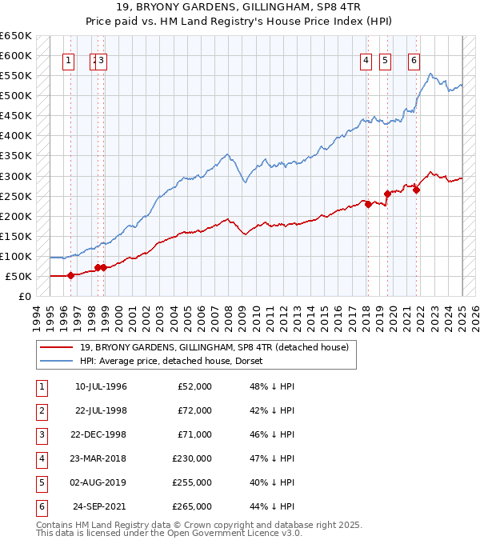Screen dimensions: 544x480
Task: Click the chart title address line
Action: [240, 10]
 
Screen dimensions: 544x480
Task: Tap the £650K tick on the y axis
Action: [16, 36]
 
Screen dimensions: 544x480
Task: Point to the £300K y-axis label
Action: [16, 176]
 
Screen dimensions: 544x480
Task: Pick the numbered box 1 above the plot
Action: [69, 59]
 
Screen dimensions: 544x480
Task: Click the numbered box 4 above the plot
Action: [366, 59]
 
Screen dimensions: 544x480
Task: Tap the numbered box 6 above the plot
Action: [414, 59]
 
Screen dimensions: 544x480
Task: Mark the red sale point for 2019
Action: [387, 194]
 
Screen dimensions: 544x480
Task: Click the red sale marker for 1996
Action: [70, 275]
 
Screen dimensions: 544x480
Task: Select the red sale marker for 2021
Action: [417, 190]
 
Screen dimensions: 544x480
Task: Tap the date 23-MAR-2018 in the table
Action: [101, 459]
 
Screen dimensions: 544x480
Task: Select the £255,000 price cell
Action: [192, 483]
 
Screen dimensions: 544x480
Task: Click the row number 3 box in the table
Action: [40, 435]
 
